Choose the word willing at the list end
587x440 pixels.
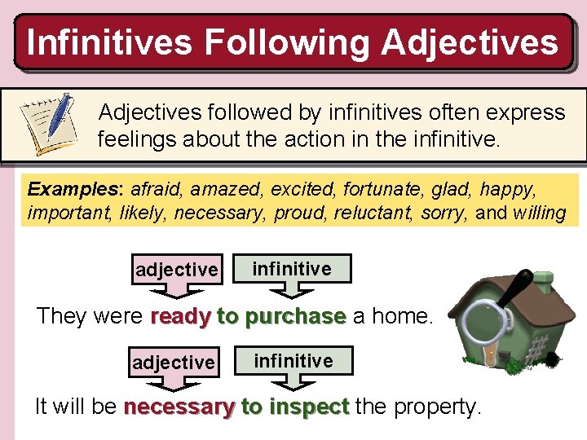click(539, 213)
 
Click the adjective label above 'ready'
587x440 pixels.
click(177, 269)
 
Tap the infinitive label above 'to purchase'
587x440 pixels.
click(292, 268)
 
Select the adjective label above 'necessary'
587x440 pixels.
click(173, 361)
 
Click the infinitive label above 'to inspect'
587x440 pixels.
click(293, 360)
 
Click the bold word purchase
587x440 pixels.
click(295, 316)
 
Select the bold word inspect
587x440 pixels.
click(312, 407)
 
